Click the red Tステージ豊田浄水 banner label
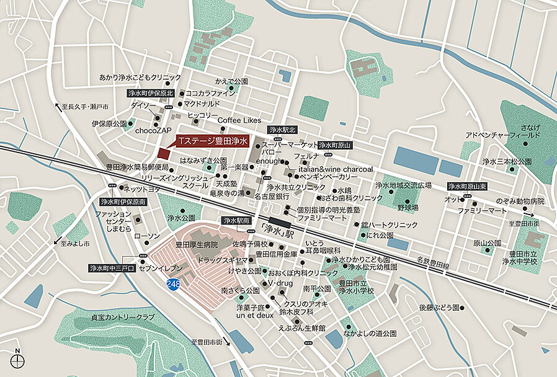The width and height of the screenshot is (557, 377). [212, 142]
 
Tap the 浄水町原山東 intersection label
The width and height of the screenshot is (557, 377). [469, 186]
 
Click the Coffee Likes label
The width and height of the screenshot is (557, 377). [239, 120]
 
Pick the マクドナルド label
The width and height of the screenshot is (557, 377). [202, 104]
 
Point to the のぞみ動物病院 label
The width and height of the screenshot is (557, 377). [520, 201]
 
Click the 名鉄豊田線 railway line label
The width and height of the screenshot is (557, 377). [432, 265]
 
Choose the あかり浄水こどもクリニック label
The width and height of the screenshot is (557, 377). [140, 78]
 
